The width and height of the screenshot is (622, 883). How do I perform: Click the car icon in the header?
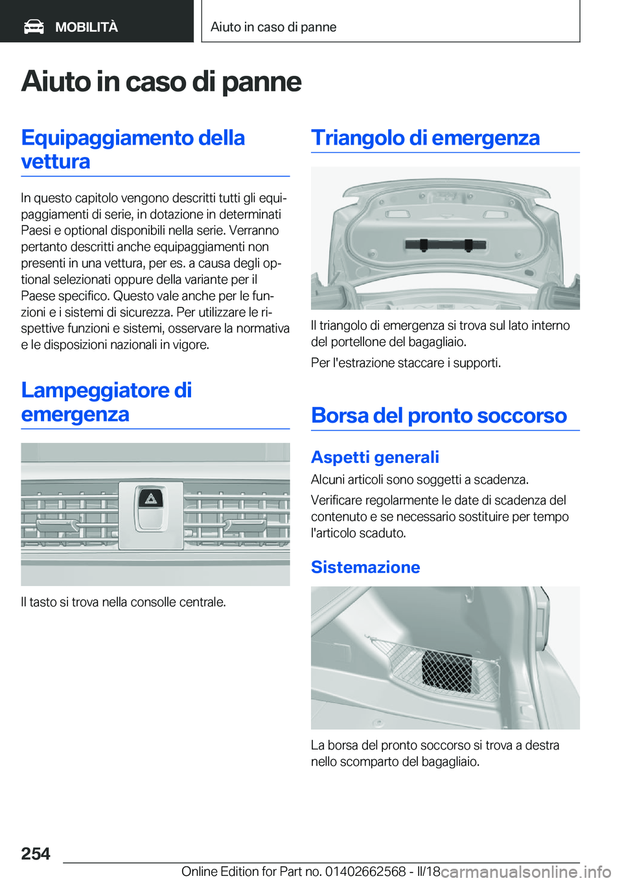point(34,27)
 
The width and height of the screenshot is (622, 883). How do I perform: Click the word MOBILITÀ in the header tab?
point(86,27)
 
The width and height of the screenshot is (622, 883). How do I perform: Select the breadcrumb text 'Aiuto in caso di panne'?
point(273,27)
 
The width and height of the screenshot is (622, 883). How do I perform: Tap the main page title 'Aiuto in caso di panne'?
point(161,82)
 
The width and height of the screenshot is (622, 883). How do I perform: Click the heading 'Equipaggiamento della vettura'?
point(133,149)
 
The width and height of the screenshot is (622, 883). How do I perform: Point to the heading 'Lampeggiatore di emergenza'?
point(106,402)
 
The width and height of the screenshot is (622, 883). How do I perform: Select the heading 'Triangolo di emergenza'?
point(425,138)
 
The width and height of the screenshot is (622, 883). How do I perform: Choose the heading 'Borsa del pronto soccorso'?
point(439,416)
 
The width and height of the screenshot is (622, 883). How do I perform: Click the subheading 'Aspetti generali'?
point(374,457)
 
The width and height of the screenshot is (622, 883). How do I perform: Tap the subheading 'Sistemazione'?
point(365,567)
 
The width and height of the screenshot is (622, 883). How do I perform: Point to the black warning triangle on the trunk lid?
point(445,244)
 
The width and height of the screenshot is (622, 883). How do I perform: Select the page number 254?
point(36,854)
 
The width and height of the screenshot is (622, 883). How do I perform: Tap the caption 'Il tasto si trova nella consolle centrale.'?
point(123,602)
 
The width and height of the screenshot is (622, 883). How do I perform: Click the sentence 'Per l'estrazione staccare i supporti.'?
point(406,363)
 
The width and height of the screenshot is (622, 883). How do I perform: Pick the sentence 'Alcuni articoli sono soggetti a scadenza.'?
point(419,480)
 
